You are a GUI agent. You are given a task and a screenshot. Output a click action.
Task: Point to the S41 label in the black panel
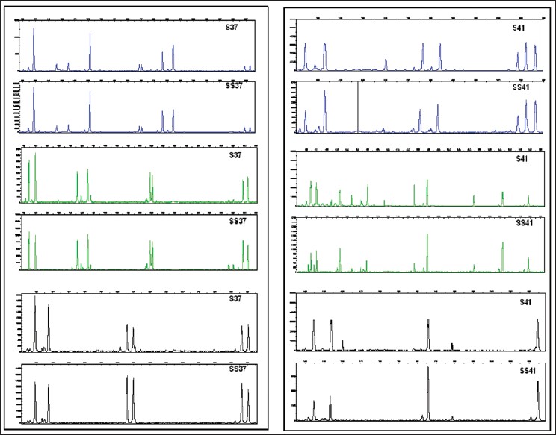coord(520,302)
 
